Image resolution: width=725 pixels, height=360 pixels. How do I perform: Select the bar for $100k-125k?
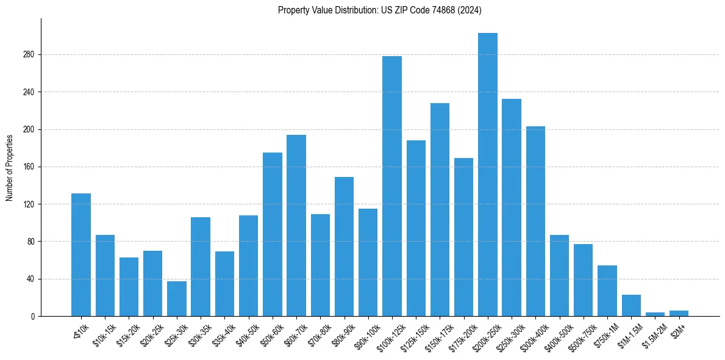pos(392,186)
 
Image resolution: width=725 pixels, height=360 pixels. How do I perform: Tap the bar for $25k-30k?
pos(177,299)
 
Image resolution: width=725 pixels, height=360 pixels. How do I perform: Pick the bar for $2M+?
pos(679,314)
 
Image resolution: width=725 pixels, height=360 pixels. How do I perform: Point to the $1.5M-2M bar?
pos(655,314)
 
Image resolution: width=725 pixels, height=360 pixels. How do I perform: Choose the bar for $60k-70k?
pos(296,226)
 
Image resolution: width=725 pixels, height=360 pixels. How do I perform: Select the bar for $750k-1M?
pos(607,291)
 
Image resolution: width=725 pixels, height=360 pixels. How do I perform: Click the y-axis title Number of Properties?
pos(10,167)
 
